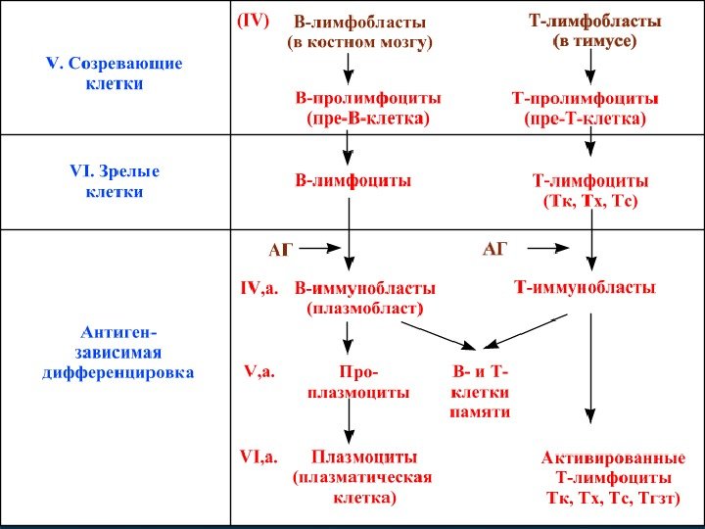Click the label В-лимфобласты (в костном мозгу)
(x=359, y=31)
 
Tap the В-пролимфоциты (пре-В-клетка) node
(x=368, y=109)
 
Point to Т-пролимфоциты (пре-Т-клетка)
(x=586, y=109)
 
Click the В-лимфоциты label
(x=353, y=181)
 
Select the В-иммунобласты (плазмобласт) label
(x=365, y=298)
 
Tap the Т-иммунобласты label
(x=586, y=288)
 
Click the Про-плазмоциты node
(x=358, y=382)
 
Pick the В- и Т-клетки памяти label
(x=480, y=393)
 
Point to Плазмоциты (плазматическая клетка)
(x=363, y=477)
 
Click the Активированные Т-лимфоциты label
(x=613, y=478)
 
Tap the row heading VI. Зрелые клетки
(x=115, y=182)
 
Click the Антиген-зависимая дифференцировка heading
(x=117, y=353)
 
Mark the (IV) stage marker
(x=252, y=20)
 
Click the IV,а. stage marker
(x=259, y=289)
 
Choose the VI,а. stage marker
(x=259, y=457)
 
